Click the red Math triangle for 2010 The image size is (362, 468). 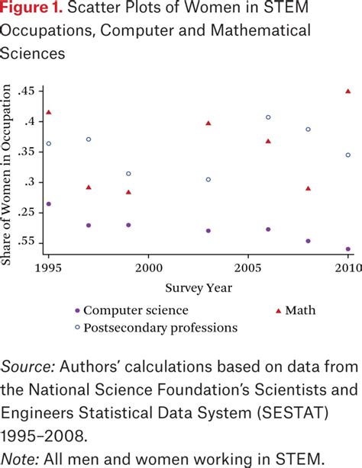tap(348, 91)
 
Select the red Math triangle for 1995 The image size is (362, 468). tap(49, 112)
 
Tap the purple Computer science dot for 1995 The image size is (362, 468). tap(49, 204)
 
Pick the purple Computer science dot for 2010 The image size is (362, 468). tap(348, 248)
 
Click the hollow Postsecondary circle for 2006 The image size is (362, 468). tap(268, 117)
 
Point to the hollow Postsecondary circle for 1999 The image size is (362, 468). tap(128, 174)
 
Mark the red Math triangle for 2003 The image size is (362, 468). tap(208, 123)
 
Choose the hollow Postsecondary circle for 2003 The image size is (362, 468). tap(208, 180)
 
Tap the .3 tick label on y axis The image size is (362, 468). tap(30, 182)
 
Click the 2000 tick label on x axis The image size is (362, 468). tap(148, 268)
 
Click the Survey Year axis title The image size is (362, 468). tap(199, 288)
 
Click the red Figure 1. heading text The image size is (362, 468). tap(31, 11)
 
